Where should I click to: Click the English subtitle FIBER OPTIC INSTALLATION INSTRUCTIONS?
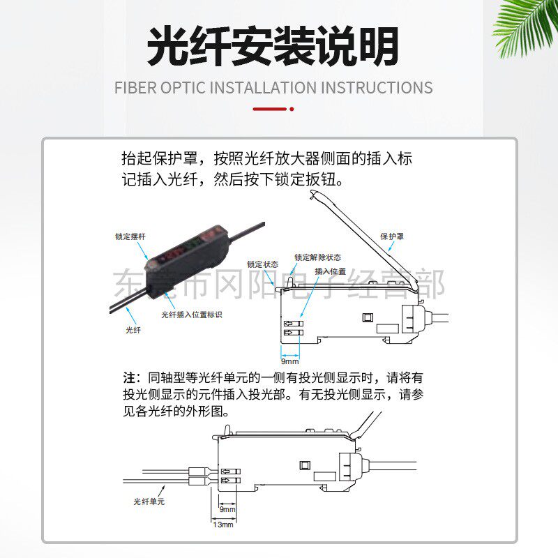[273, 88]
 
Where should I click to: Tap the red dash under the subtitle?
[270, 109]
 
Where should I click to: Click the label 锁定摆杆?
[130, 236]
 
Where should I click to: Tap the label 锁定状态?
[262, 264]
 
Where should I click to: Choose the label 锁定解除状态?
[317, 257]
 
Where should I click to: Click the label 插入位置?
[330, 271]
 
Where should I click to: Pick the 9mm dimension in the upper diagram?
[289, 361]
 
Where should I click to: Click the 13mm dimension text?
[223, 524]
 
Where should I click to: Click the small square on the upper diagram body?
[367, 318]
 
